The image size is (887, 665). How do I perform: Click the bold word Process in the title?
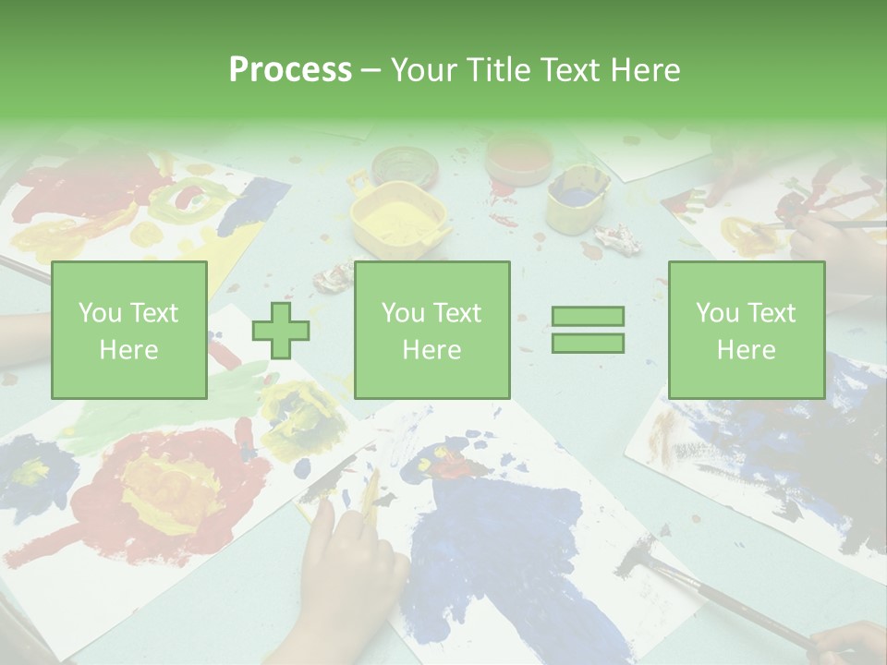coord(290,69)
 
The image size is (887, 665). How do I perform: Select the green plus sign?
coord(281,330)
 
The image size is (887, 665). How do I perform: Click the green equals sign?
coord(588,330)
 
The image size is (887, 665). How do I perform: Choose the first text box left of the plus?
coord(129,330)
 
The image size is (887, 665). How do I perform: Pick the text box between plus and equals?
coord(431,330)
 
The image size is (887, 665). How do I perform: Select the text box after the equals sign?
coord(746,330)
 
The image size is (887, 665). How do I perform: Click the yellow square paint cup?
coord(398,219)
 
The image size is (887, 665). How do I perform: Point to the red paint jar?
coord(518,158)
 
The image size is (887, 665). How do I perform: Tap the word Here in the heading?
coord(644,69)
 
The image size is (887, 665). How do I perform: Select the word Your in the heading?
coord(424,69)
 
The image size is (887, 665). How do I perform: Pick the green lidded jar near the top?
coord(404,167)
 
